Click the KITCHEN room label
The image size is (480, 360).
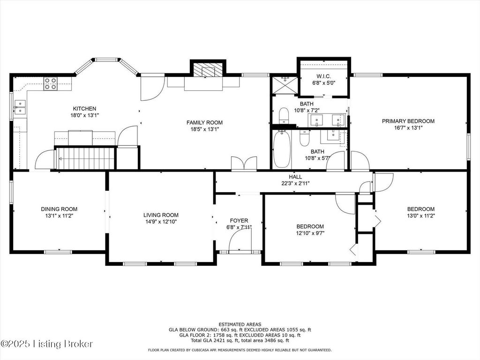(84, 109)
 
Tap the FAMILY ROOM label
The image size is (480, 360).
(204, 122)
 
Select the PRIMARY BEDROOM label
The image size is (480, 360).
(408, 121)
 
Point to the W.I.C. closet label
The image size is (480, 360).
(323, 76)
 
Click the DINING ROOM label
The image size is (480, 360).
(59, 209)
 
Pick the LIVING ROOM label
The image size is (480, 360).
(161, 215)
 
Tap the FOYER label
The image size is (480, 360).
(239, 221)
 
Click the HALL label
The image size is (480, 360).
(295, 177)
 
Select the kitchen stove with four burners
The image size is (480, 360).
(51, 83)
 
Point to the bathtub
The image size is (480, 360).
(282, 149)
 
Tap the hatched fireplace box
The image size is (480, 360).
(208, 70)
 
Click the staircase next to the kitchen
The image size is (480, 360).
(85, 158)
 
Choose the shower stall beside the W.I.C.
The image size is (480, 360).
(285, 85)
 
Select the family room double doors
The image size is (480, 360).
(244, 163)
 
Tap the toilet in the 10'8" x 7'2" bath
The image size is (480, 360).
(284, 116)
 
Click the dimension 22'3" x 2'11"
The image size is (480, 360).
(295, 184)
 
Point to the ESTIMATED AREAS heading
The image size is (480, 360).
(240, 324)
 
